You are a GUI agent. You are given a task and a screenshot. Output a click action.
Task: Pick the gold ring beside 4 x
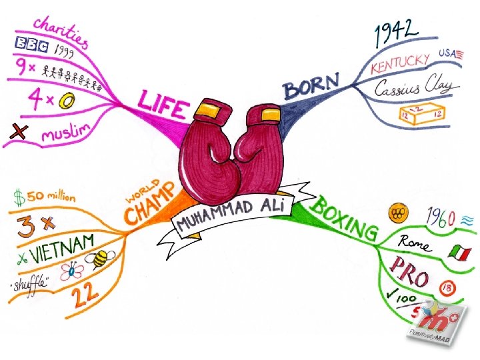click(x=67, y=102)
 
